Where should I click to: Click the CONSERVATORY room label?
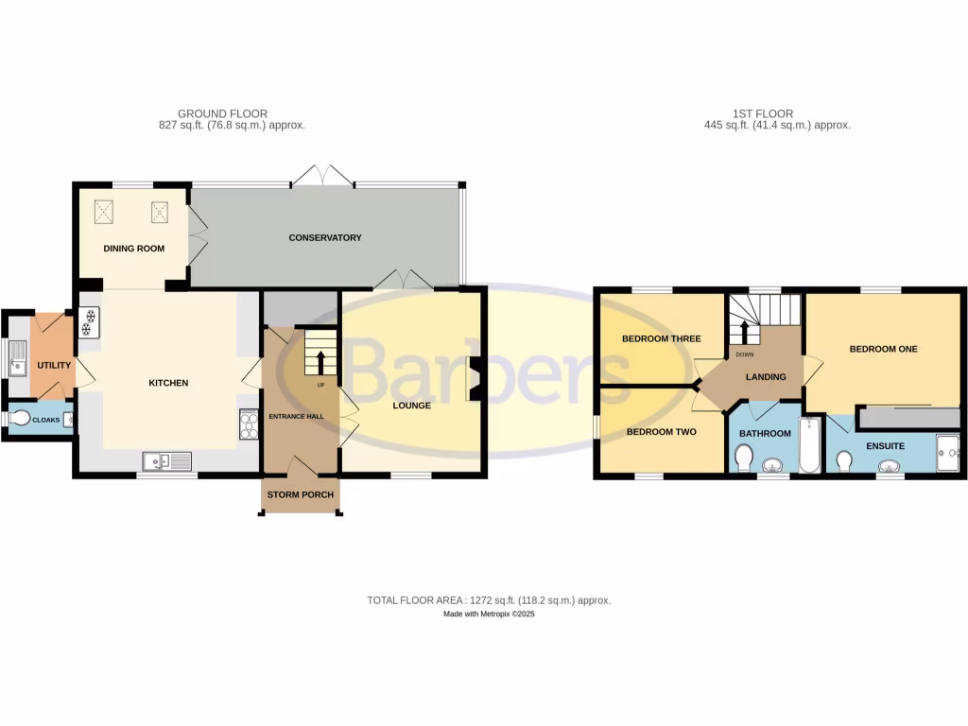click(325, 238)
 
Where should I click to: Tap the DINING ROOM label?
click(134, 250)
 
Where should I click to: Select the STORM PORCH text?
click(300, 494)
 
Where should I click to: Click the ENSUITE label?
click(885, 445)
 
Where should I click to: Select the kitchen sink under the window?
click(166, 460)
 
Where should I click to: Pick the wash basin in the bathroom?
click(772, 464)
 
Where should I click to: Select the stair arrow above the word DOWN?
click(743, 332)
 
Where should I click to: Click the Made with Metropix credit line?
click(489, 614)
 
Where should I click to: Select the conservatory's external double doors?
click(322, 176)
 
